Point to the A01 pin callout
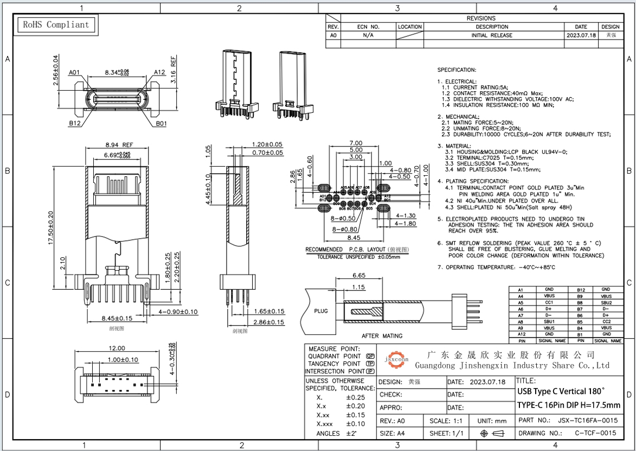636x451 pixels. click(x=75, y=72)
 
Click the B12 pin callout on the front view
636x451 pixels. click(x=75, y=124)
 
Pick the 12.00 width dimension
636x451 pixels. click(x=117, y=348)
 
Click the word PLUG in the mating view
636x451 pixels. click(x=322, y=311)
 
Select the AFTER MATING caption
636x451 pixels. click(x=382, y=336)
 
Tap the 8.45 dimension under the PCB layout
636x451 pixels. click(x=355, y=237)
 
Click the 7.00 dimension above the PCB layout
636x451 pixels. click(x=356, y=143)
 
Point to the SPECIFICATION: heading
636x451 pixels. click(x=457, y=70)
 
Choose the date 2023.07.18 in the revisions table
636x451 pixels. click(x=581, y=35)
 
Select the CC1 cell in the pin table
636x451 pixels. click(x=549, y=302)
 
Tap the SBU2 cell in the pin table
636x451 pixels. click(x=606, y=302)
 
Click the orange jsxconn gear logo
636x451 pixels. click(x=397, y=359)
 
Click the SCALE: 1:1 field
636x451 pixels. click(x=446, y=421)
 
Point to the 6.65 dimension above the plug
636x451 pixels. click(x=358, y=275)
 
